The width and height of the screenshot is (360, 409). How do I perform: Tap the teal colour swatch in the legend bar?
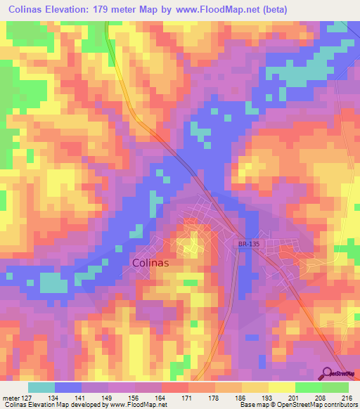pyautogui.click(x=41, y=387)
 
